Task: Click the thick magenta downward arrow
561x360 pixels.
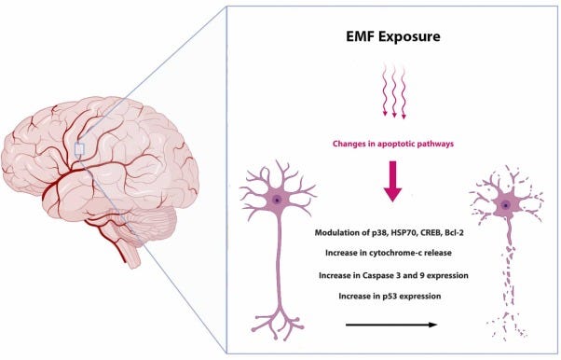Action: click(392, 183)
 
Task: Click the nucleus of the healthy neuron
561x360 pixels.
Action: click(276, 201)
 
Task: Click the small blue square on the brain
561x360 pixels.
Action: click(80, 148)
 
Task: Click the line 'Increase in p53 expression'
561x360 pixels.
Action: click(392, 297)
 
